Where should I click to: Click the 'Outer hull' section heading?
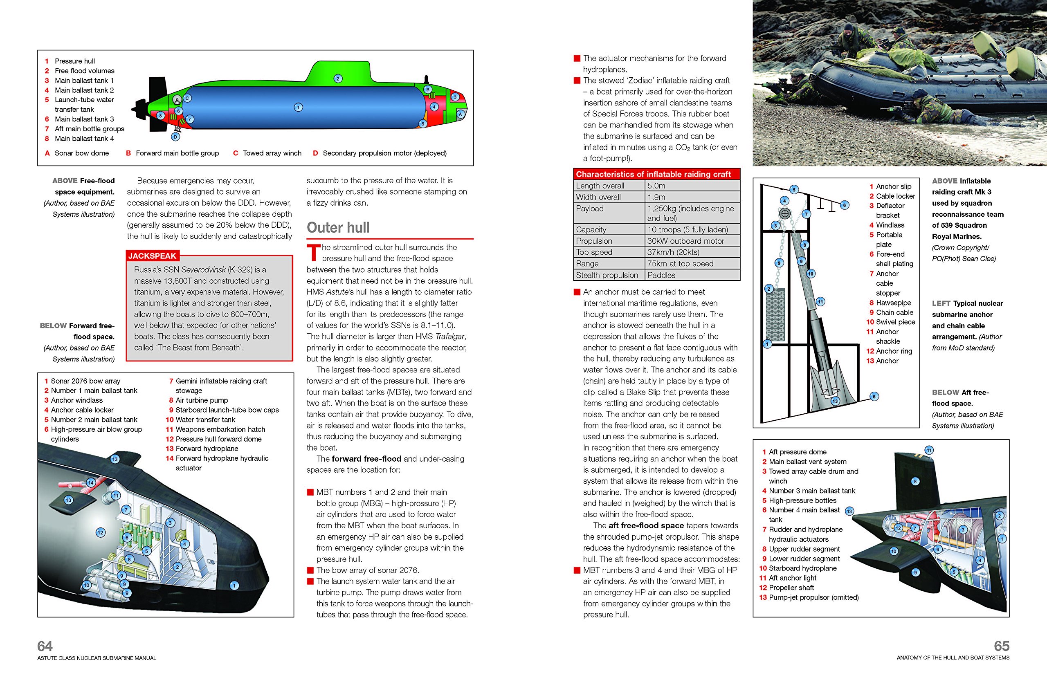338,228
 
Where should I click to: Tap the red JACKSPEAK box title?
152,256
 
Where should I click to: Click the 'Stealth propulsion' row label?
607,275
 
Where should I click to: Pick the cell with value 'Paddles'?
661,275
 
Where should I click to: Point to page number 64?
45,646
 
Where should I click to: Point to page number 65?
1002,646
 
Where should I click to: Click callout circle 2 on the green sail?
337,79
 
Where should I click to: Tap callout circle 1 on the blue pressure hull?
298,107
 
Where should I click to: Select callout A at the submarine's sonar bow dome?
460,114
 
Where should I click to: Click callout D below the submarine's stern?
175,137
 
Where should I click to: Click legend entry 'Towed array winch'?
272,153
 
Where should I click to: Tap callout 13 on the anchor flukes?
835,401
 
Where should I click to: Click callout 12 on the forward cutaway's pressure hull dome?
101,532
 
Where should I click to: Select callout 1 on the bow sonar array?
234,586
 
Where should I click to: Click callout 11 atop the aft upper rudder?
928,450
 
